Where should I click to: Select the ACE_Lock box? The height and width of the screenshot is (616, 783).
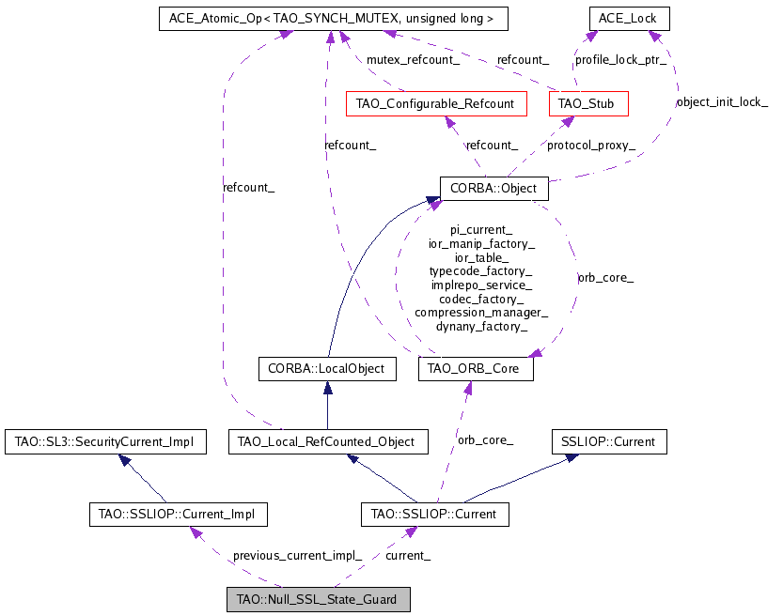pyautogui.click(x=629, y=18)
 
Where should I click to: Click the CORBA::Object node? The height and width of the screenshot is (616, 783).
pyautogui.click(x=493, y=188)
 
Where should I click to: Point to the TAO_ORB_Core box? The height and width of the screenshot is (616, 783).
pyautogui.click(x=476, y=369)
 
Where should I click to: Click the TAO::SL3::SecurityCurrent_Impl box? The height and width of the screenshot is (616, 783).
pyautogui.click(x=105, y=440)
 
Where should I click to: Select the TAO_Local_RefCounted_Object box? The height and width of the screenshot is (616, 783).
pyautogui.click(x=328, y=440)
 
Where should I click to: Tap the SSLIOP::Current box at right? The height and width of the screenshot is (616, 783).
pyautogui.click(x=608, y=440)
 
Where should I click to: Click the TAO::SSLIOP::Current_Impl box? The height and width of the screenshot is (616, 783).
pyautogui.click(x=177, y=514)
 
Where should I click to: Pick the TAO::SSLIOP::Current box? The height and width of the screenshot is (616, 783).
pyautogui.click(x=435, y=514)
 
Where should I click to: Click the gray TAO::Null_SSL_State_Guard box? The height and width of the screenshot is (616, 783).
pyautogui.click(x=318, y=599)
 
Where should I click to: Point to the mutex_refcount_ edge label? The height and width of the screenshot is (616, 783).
pyautogui.click(x=413, y=60)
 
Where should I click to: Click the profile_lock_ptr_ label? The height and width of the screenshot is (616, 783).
pyautogui.click(x=620, y=60)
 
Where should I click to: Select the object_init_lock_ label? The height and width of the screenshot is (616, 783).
pyautogui.click(x=722, y=101)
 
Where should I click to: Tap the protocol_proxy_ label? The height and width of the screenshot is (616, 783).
pyautogui.click(x=591, y=146)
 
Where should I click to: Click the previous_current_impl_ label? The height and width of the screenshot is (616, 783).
pyautogui.click(x=297, y=555)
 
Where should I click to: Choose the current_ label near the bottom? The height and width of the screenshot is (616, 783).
pyautogui.click(x=408, y=555)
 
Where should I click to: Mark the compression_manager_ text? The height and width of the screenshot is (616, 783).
pyautogui.click(x=481, y=312)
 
